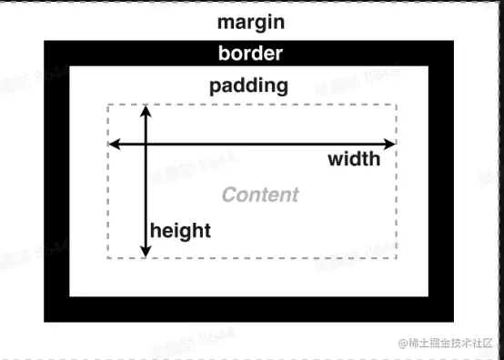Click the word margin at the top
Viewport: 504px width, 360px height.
coord(250,21)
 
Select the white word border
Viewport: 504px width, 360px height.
coord(250,53)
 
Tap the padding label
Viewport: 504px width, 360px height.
coord(248,86)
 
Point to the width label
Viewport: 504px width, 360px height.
coord(354,159)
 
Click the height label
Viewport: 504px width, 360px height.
coord(180,230)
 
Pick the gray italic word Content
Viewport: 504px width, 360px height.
coord(260,195)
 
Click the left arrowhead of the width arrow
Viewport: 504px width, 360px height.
coord(113,144)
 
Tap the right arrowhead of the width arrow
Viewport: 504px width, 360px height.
coord(391,144)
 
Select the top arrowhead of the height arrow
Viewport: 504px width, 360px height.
coord(145,110)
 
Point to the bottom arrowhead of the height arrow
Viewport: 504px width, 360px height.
coord(145,253)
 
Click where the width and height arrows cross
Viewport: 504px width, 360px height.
coord(145,144)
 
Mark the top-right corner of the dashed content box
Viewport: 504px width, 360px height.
coord(397,105)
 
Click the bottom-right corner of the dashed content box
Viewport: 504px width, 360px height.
coord(397,258)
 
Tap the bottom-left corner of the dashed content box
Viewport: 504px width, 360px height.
coord(108,258)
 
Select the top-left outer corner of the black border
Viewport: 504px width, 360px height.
coord(45,40)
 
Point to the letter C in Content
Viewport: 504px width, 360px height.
coord(228,195)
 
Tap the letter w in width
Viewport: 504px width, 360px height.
coord(335,160)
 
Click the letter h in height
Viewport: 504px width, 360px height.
coord(155,230)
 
